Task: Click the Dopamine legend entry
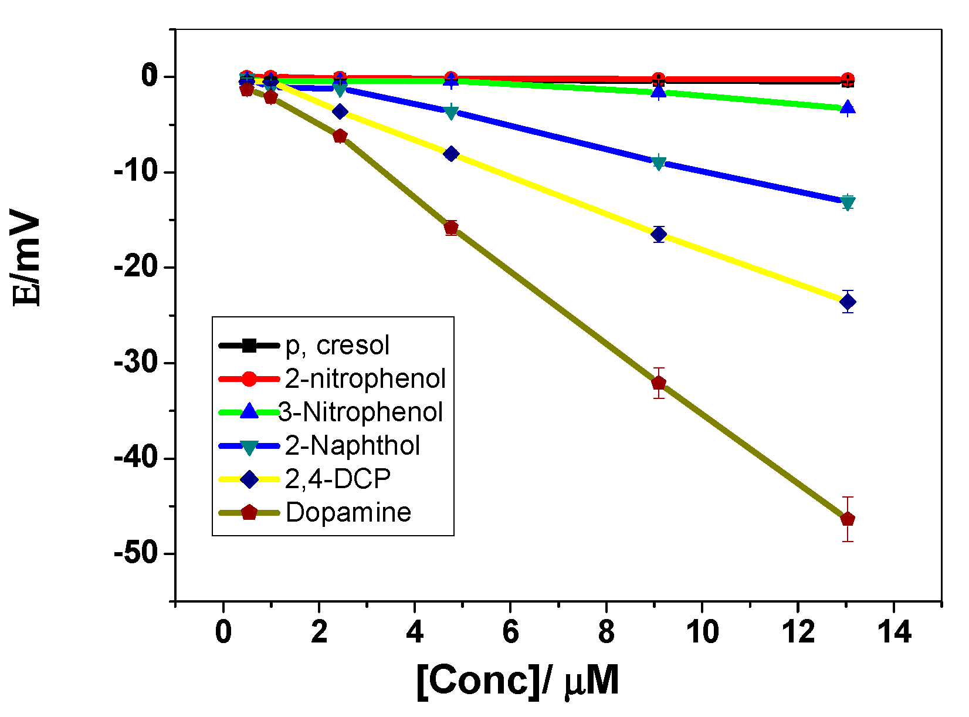coord(348,513)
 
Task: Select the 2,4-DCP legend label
coord(338,479)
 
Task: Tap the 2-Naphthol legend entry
coord(353,446)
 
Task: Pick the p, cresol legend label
coord(337,346)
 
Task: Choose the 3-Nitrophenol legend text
coord(360,412)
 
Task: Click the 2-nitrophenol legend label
coord(365,379)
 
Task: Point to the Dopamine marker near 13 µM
coord(848,519)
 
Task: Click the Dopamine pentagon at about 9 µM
coord(659,383)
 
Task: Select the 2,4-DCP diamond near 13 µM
coord(848,302)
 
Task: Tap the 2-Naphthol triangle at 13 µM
coord(848,203)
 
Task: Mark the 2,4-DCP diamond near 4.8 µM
coord(451,154)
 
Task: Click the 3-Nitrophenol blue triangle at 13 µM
coord(848,107)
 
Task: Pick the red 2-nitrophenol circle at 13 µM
coord(848,79)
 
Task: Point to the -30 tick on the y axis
coord(137,363)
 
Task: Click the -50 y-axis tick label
coord(137,554)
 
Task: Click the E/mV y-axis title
coord(28,261)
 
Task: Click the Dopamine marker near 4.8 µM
coord(451,228)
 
